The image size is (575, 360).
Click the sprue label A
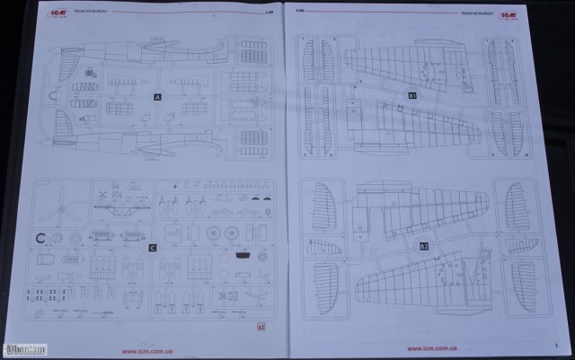tap(156, 94)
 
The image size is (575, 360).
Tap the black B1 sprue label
tap(412, 94)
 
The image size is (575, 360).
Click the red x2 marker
tap(261, 327)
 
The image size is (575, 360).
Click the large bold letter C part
tap(40, 239)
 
